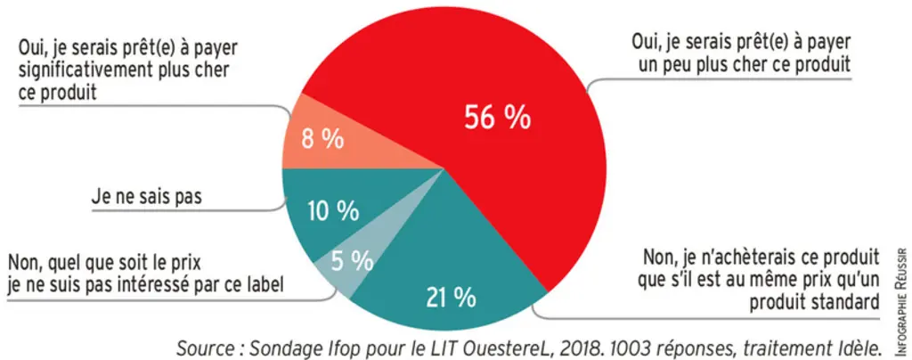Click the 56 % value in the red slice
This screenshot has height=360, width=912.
[x=497, y=118]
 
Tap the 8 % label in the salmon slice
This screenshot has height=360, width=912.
[x=322, y=140]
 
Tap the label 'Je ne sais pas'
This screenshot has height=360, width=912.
[x=146, y=197]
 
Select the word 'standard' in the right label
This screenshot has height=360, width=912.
[x=848, y=301]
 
